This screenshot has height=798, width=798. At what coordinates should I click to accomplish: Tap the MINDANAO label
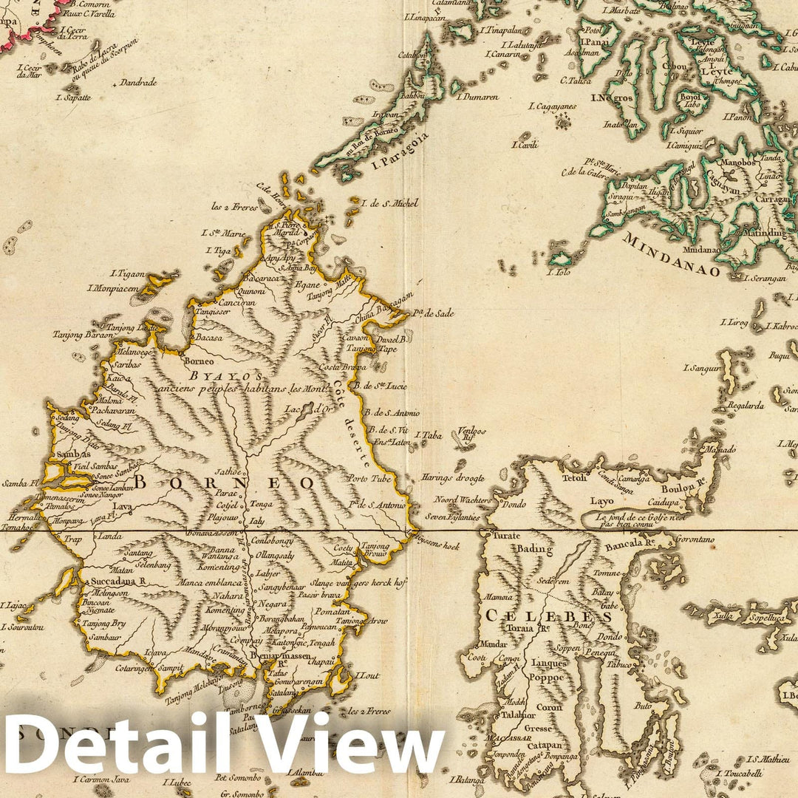tap(671, 254)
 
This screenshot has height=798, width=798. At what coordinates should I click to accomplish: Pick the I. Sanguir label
tap(701, 367)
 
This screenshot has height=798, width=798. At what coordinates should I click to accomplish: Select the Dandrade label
tap(138, 83)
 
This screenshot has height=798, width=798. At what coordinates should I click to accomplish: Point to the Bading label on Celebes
tap(533, 549)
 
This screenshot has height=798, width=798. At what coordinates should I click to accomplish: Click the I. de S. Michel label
tap(389, 202)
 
